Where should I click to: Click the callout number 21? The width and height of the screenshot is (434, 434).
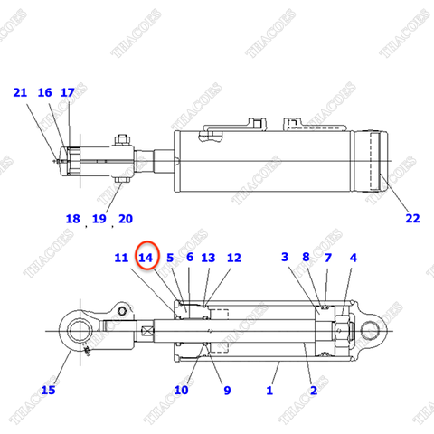(20, 92)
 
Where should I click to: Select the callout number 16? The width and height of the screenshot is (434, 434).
(45, 92)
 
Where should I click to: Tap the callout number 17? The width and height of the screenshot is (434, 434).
(68, 92)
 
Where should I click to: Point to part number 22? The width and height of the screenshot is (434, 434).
(412, 217)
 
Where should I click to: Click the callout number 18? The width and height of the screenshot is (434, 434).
(73, 219)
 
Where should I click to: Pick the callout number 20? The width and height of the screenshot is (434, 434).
(125, 219)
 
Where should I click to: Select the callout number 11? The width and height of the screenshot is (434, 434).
(121, 259)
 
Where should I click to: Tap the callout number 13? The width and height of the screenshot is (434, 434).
(208, 259)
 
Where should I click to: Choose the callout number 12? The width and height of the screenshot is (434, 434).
(234, 259)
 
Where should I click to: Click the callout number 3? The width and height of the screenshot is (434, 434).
(285, 258)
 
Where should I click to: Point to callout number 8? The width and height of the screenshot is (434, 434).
(307, 258)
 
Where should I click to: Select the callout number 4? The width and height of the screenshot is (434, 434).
(353, 258)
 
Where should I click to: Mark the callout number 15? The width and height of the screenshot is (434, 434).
(48, 390)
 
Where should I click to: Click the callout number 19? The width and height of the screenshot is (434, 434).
(99, 219)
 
